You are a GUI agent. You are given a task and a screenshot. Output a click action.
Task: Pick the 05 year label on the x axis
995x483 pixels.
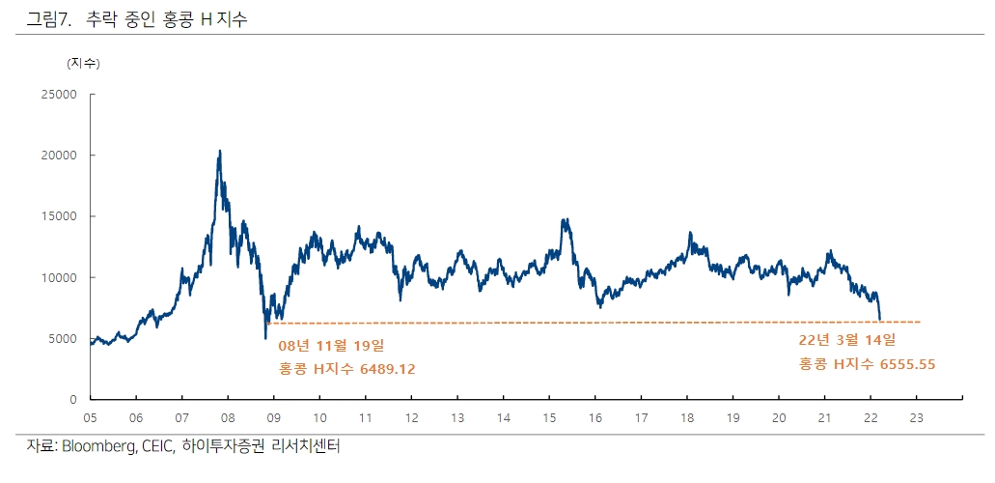coord(90,417)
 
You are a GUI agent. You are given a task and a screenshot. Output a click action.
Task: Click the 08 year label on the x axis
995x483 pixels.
coord(228,417)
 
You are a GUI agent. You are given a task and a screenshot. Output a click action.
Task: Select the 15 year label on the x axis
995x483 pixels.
coord(549,417)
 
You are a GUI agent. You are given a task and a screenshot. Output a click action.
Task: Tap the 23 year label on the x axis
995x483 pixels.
coord(917,417)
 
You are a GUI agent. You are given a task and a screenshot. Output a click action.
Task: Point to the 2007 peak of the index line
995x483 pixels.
coord(220,151)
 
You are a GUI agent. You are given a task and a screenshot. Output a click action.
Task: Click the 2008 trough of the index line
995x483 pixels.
coord(265,338)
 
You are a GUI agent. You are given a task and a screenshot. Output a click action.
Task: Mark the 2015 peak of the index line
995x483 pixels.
coord(564,219)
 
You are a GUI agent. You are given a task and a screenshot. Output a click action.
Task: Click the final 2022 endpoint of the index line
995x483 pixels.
coord(880,319)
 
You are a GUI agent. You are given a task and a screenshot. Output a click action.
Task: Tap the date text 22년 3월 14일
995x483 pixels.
coord(847,340)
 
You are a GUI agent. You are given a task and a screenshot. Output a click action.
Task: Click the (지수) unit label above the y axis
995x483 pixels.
coord(83,64)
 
